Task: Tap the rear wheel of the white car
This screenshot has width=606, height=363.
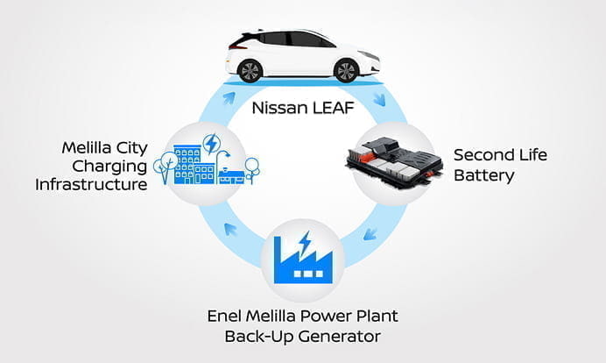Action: (x=250, y=69)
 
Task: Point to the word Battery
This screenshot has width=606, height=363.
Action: (x=483, y=175)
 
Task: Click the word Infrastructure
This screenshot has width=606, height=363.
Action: (x=91, y=184)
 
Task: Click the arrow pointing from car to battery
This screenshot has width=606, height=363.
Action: (x=378, y=100)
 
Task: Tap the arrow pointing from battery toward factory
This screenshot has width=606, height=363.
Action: (x=370, y=233)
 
